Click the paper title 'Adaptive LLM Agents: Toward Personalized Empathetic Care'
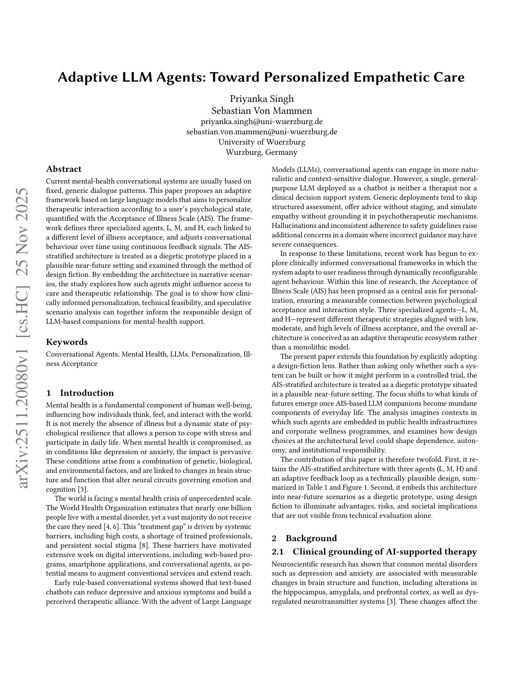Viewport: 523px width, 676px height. (261, 77)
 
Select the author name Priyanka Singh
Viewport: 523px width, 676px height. (261, 99)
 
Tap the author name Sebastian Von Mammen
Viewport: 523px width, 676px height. (261, 110)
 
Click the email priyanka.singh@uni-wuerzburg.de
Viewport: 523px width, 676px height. (261, 121)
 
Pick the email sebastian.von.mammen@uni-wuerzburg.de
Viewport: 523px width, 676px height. (261, 132)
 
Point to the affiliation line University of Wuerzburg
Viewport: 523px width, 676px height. (261, 142)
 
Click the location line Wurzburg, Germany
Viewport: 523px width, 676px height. (261, 152)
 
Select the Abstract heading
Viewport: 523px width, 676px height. (64, 169)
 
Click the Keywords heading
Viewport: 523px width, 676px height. (67, 342)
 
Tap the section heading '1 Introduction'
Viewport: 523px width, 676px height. (80, 393)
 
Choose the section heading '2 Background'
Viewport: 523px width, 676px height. (304, 538)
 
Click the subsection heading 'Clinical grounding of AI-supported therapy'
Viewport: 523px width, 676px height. (384, 552)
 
